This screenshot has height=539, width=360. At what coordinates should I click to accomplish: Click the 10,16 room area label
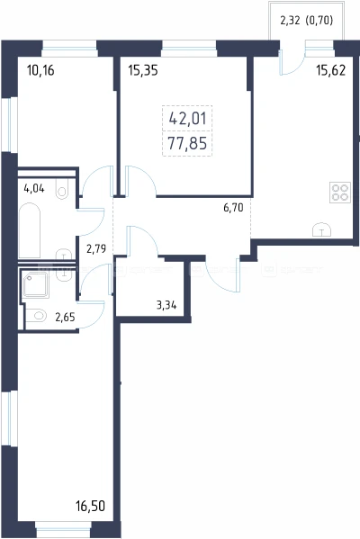point(40,70)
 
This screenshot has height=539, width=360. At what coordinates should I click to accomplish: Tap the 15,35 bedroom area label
point(143,70)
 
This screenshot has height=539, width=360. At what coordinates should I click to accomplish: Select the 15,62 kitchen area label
point(331,70)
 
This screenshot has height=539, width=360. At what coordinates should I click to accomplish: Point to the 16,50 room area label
point(90,506)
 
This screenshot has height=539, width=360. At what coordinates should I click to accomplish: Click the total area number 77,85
point(187,143)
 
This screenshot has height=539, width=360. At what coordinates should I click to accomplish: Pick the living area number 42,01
point(187,119)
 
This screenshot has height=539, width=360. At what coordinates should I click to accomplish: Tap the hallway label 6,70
point(233,208)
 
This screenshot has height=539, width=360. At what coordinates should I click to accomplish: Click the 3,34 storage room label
point(166,305)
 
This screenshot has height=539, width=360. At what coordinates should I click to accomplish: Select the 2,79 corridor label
point(96,248)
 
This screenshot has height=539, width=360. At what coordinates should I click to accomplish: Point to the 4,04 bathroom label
point(34,188)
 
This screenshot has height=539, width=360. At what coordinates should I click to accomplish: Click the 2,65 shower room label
point(65,317)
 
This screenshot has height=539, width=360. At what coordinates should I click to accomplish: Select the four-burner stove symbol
point(340,193)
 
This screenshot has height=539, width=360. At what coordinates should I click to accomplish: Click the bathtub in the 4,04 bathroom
point(29,230)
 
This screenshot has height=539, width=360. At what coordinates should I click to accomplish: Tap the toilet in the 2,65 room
point(36,315)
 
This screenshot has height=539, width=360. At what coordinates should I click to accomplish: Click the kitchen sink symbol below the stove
point(321,230)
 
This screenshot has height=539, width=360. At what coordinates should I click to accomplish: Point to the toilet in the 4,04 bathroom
point(62,192)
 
